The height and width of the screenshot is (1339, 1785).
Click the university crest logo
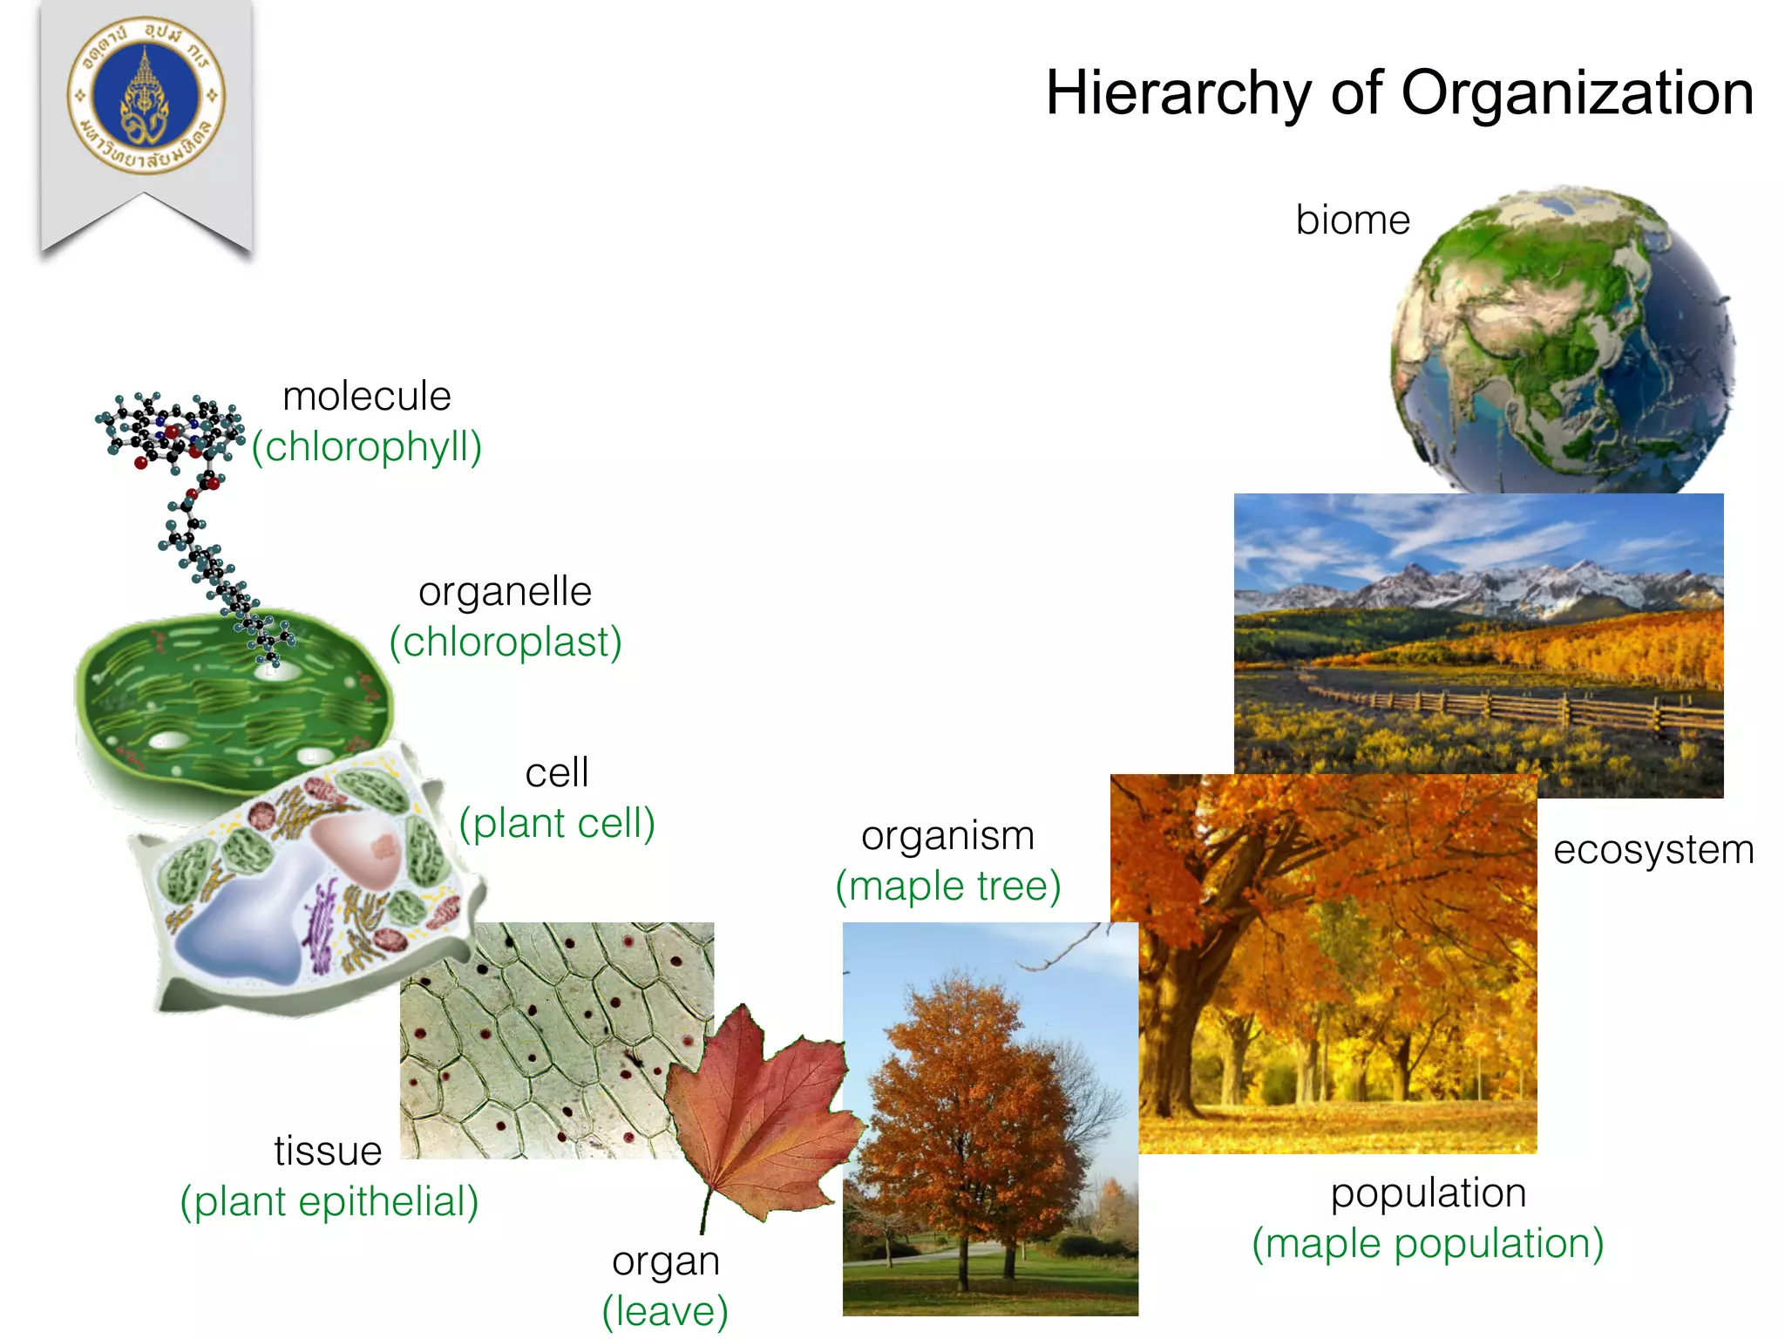coord(146,95)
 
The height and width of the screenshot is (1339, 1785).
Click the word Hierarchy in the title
coord(1178,93)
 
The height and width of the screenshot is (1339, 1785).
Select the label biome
coord(1352,220)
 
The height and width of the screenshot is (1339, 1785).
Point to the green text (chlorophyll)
coord(367,446)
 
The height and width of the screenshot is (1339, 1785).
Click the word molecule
coord(367,396)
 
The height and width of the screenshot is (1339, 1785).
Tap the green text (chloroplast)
coord(506,642)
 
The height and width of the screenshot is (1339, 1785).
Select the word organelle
coord(506,591)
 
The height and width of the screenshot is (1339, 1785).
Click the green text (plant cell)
coord(557,823)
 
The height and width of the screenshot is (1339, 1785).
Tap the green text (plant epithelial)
coord(329,1201)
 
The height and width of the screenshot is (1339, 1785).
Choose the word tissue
coord(328,1151)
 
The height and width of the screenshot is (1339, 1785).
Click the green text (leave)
coord(665,1310)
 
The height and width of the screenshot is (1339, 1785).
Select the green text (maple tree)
coord(948,886)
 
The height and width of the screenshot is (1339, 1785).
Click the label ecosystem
coord(1653,849)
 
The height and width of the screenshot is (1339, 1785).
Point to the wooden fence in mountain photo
coord(1517,708)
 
